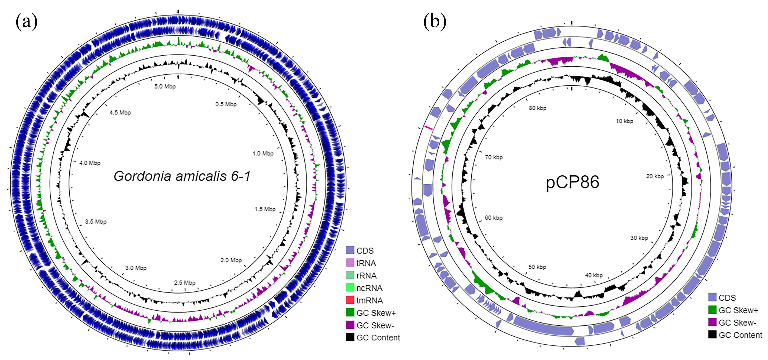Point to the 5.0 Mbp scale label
click(x=165, y=86)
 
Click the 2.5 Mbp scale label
click(x=185, y=282)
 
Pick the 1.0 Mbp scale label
click(x=263, y=153)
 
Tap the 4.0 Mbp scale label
click(x=90, y=163)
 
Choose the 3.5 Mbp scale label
click(x=96, y=222)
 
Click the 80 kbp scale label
click(x=537, y=108)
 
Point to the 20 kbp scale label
click(x=655, y=176)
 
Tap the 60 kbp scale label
click(x=493, y=218)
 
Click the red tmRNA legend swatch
click(x=350, y=300)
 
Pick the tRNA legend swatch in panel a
click(x=350, y=263)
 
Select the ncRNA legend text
click(x=369, y=288)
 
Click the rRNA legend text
click(x=366, y=275)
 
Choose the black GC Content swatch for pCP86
click(x=712, y=335)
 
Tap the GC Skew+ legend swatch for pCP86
click(x=712, y=310)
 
